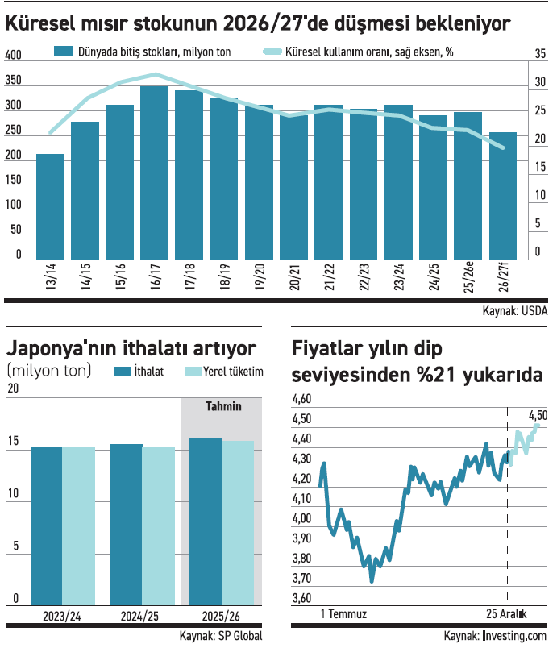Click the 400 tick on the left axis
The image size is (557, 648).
[x=14, y=56]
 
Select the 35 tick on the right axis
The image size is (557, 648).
[x=540, y=54]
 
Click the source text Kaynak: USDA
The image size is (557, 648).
[x=515, y=311]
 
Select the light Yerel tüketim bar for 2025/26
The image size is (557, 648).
[x=238, y=523]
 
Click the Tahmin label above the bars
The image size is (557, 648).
[x=223, y=406]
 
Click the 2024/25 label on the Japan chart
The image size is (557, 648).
[x=141, y=616]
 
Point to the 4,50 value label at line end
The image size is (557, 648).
[x=538, y=415]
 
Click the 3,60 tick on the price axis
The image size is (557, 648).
[x=302, y=598]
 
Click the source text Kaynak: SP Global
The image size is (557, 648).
[x=221, y=636]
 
